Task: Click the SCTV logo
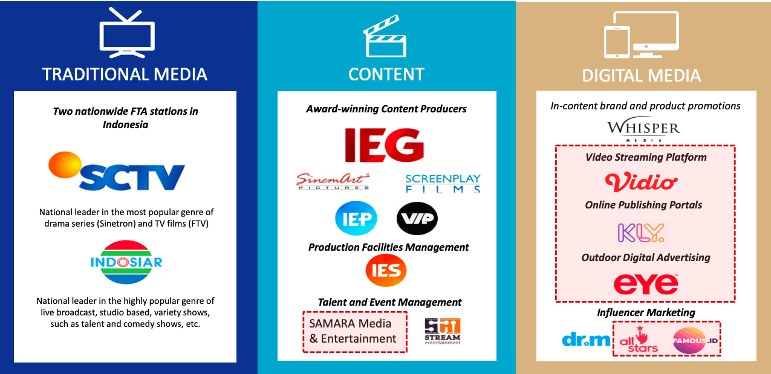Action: [x=117, y=172]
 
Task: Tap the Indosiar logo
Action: [x=126, y=262]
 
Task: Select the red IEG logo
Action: [x=385, y=145]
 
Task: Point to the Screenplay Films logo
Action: [x=443, y=184]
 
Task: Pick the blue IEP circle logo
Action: [x=356, y=218]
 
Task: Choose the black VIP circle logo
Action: [x=417, y=218]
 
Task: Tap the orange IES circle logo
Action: [x=386, y=271]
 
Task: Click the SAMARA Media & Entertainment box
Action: [x=355, y=332]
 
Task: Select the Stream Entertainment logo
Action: [x=442, y=331]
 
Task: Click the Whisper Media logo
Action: [x=643, y=131]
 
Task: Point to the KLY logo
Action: [x=641, y=233]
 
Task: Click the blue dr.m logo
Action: [x=586, y=340]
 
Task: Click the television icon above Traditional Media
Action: [x=127, y=33]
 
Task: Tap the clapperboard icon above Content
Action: [x=385, y=36]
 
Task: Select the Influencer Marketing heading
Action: [x=646, y=312]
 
